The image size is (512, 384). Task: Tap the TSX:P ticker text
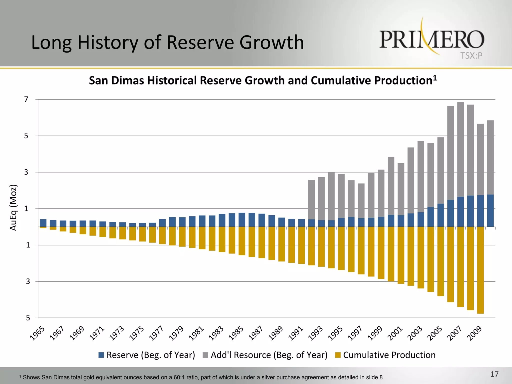[471, 56]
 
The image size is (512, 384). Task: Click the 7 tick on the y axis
[26, 99]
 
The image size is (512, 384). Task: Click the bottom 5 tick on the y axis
[28, 318]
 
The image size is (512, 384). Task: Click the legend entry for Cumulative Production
[389, 355]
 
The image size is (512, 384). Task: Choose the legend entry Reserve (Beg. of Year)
[150, 355]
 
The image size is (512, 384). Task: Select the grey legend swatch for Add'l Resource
[205, 355]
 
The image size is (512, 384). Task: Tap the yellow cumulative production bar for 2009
[480, 270]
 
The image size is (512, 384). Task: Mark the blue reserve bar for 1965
[43, 223]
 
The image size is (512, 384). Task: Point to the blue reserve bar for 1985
[242, 220]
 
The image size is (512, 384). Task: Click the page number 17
[494, 374]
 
